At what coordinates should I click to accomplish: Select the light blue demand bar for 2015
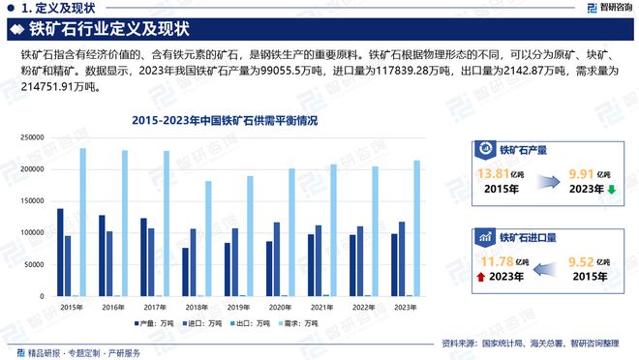[x=82, y=223]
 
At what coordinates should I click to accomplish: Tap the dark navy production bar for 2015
[x=60, y=253]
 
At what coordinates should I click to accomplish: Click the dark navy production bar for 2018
[x=185, y=272]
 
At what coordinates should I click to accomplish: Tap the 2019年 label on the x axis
[x=238, y=307]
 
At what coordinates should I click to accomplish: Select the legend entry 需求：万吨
[x=295, y=323]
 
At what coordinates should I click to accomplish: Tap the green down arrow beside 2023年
[x=611, y=190]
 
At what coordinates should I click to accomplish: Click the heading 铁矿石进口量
[x=527, y=236]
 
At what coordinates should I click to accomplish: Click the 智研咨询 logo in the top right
[x=608, y=9]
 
